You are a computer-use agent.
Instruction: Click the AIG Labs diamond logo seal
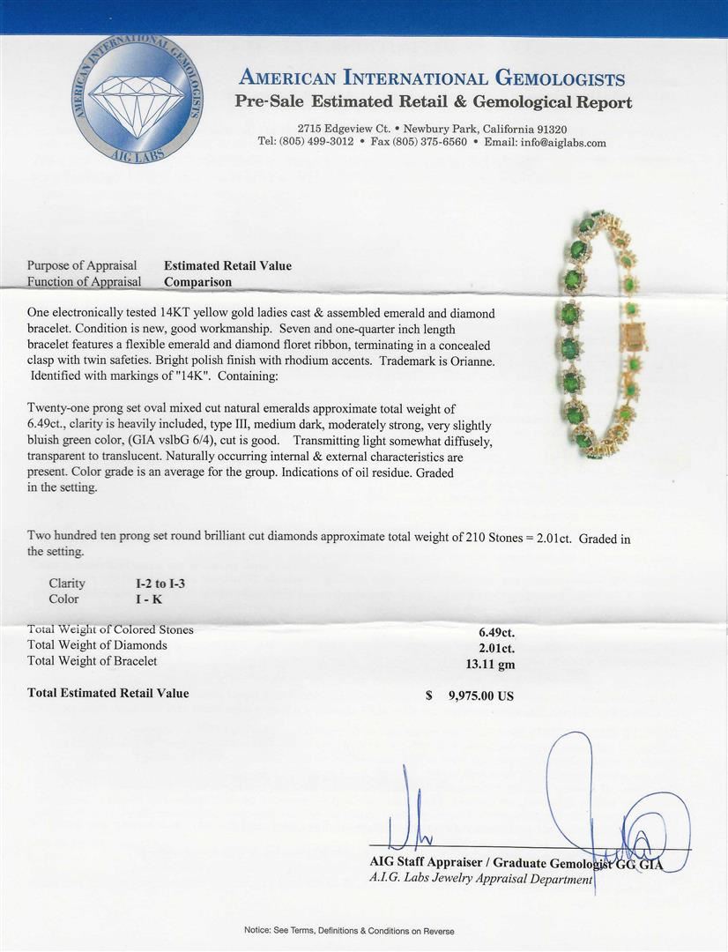[137, 99]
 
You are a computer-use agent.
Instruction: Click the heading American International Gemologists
[432, 78]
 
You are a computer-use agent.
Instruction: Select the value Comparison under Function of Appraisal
[198, 282]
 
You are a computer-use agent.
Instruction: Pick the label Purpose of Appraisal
[82, 265]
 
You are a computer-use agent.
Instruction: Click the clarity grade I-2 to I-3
[154, 583]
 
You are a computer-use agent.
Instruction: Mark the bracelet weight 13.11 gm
[490, 662]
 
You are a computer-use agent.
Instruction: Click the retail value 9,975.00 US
[480, 695]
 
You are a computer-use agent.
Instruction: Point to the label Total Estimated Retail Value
[108, 693]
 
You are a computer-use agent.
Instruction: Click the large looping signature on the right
[617, 811]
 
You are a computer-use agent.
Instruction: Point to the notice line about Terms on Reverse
[349, 931]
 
